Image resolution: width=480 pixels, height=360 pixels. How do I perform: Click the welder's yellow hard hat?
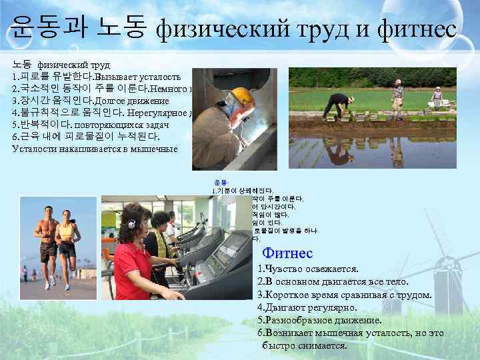coord(243,97)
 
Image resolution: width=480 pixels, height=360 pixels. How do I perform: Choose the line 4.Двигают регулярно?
coord(307,307)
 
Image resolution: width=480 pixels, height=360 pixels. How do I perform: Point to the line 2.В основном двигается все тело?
coord(333,281)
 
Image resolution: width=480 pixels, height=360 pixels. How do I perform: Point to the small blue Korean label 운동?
coord(219,182)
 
